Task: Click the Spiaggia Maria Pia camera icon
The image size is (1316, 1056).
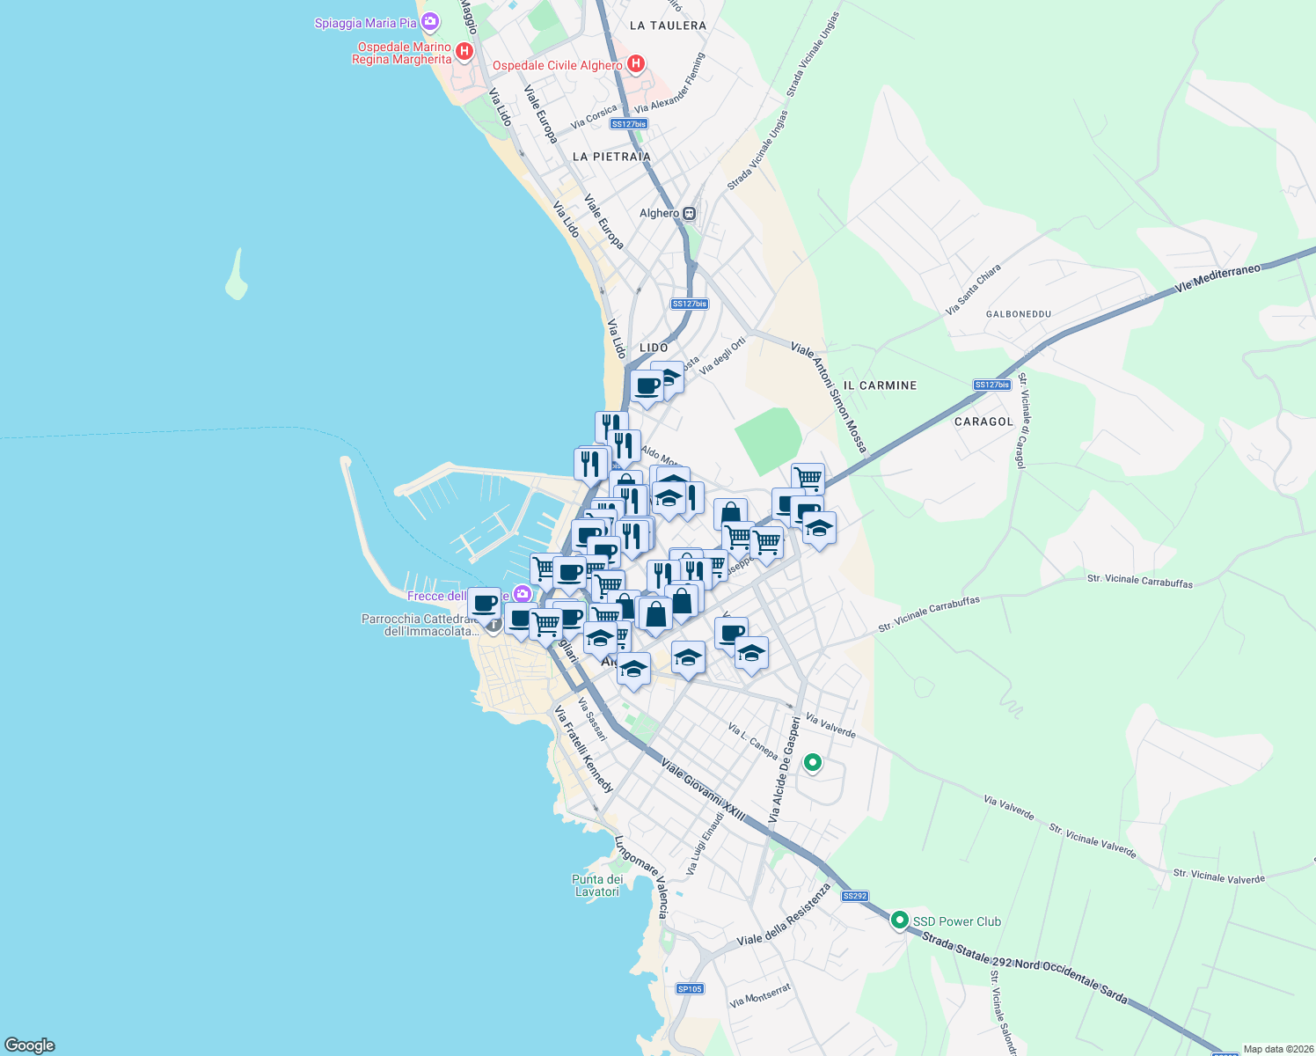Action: pos(430,21)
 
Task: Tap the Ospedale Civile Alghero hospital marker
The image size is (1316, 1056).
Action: pos(636,64)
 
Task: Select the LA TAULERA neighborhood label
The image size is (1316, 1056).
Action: pos(668,26)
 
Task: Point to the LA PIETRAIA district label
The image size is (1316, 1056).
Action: pos(611,157)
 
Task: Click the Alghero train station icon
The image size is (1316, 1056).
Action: pos(690,213)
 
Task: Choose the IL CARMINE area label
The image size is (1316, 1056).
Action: pos(880,385)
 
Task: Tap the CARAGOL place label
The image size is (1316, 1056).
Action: pos(983,422)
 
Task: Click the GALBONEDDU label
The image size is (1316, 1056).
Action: pos(1019,314)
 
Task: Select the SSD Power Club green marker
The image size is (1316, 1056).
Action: pos(899,920)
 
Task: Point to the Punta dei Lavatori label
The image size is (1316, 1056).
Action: pos(597,885)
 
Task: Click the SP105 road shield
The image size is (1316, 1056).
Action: pos(690,988)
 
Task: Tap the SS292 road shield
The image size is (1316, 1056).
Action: pos(854,896)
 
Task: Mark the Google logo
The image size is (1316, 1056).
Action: pos(29,1045)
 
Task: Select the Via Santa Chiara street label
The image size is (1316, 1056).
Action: pos(973,290)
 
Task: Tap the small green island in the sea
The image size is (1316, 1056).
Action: pos(236,276)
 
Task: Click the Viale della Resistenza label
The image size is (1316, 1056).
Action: pos(784,915)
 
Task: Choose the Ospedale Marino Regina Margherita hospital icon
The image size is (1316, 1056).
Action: pos(464,51)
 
